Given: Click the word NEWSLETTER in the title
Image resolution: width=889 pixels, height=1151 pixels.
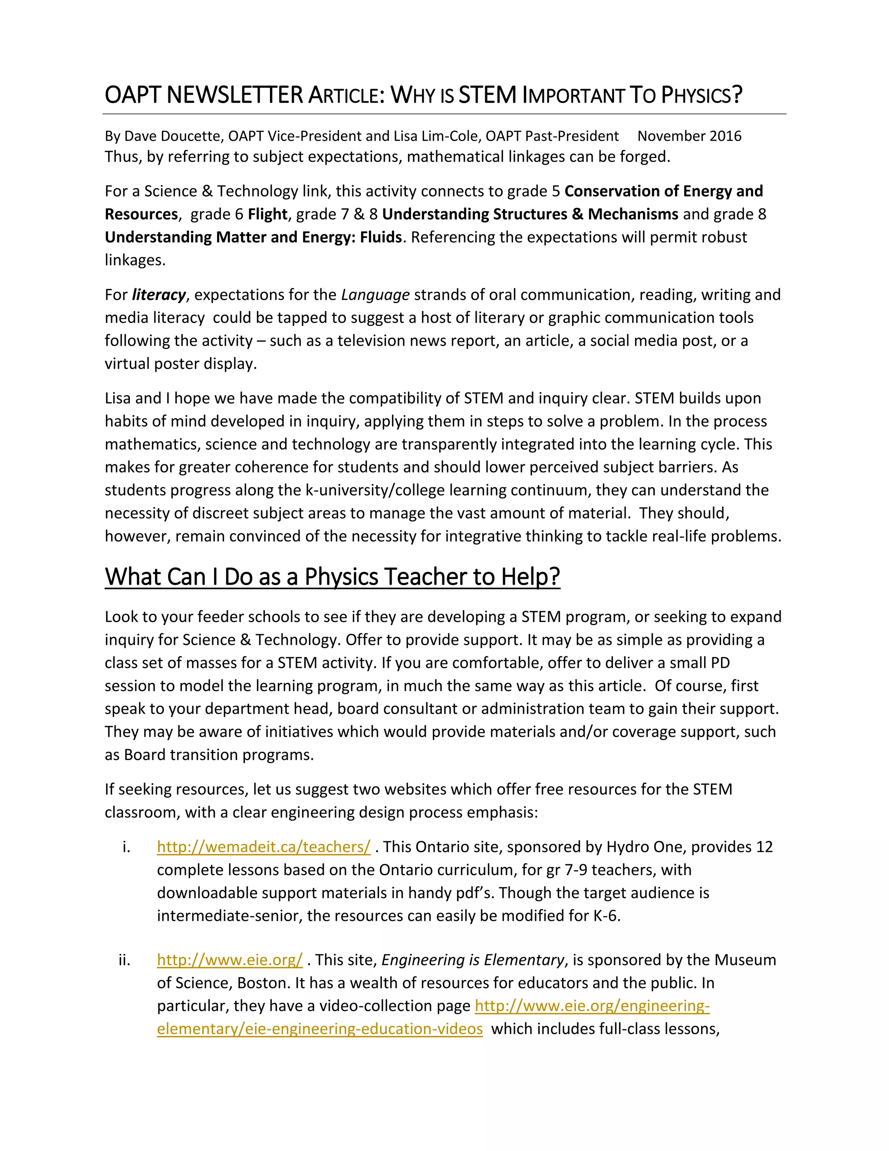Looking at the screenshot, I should (x=235, y=96).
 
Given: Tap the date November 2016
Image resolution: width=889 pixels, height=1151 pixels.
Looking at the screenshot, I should (x=689, y=136).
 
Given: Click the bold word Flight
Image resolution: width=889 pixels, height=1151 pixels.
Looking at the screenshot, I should (x=267, y=214).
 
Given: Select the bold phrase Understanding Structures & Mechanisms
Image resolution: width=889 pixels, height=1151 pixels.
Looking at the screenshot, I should (x=530, y=214).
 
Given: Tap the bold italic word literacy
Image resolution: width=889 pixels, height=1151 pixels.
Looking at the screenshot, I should (x=158, y=294).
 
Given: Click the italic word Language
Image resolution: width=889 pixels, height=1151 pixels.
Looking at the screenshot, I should (x=375, y=294).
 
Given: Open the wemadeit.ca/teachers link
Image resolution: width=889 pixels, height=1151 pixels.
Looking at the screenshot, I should (x=263, y=847).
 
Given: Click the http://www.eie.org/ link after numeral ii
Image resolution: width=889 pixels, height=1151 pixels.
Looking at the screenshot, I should (x=230, y=960).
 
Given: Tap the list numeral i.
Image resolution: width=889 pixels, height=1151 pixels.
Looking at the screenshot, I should (x=126, y=847).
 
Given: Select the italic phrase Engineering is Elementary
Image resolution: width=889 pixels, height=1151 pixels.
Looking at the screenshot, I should (x=472, y=960).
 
